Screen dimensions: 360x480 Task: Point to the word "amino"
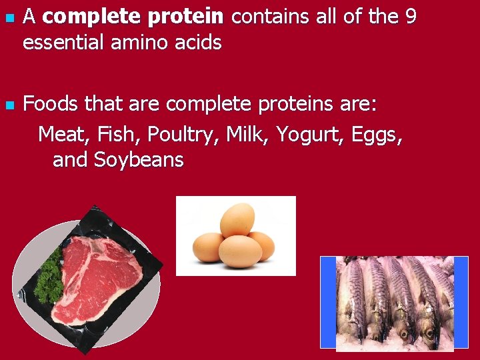pos(138,43)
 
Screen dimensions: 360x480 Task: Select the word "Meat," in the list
pos(64,134)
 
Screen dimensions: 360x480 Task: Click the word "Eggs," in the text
pos(376,134)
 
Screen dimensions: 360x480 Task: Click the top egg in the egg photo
pos(237,219)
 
